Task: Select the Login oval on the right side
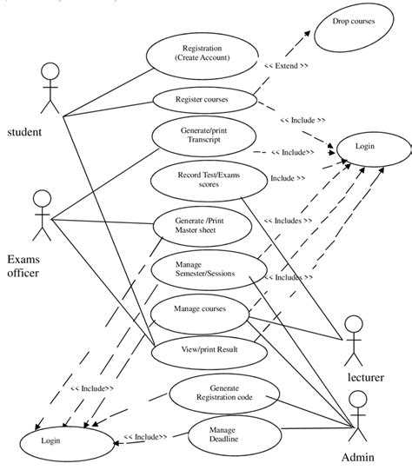tap(364, 148)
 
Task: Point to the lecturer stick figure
tap(353, 340)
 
